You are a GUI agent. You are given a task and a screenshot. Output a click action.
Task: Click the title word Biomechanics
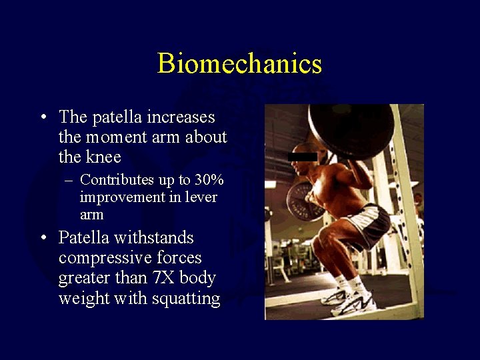click(239, 64)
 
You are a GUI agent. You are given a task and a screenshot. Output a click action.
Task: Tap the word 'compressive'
click(99, 258)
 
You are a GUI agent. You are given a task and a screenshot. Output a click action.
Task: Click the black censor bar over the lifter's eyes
click(302, 157)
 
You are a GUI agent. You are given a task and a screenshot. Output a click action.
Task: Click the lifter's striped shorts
click(365, 223)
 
